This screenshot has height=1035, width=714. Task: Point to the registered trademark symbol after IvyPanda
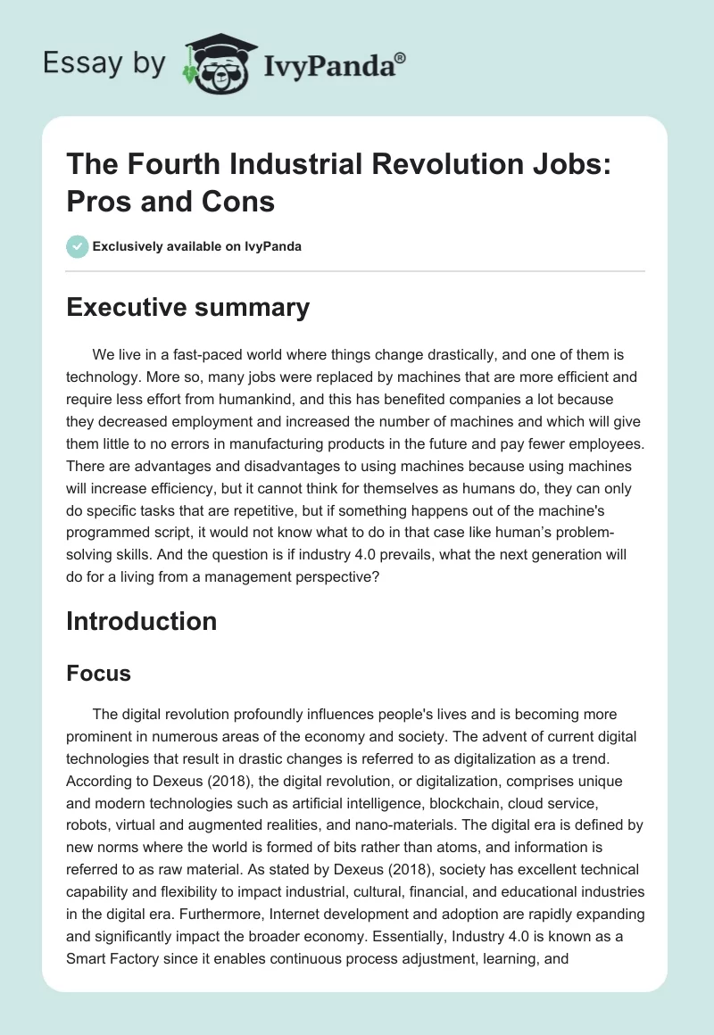point(401,57)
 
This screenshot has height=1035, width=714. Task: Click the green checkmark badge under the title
point(78,246)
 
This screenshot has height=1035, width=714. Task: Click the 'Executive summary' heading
point(187,308)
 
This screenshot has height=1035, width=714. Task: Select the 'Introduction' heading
point(141,621)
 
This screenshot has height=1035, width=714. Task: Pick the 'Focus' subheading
point(98,674)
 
